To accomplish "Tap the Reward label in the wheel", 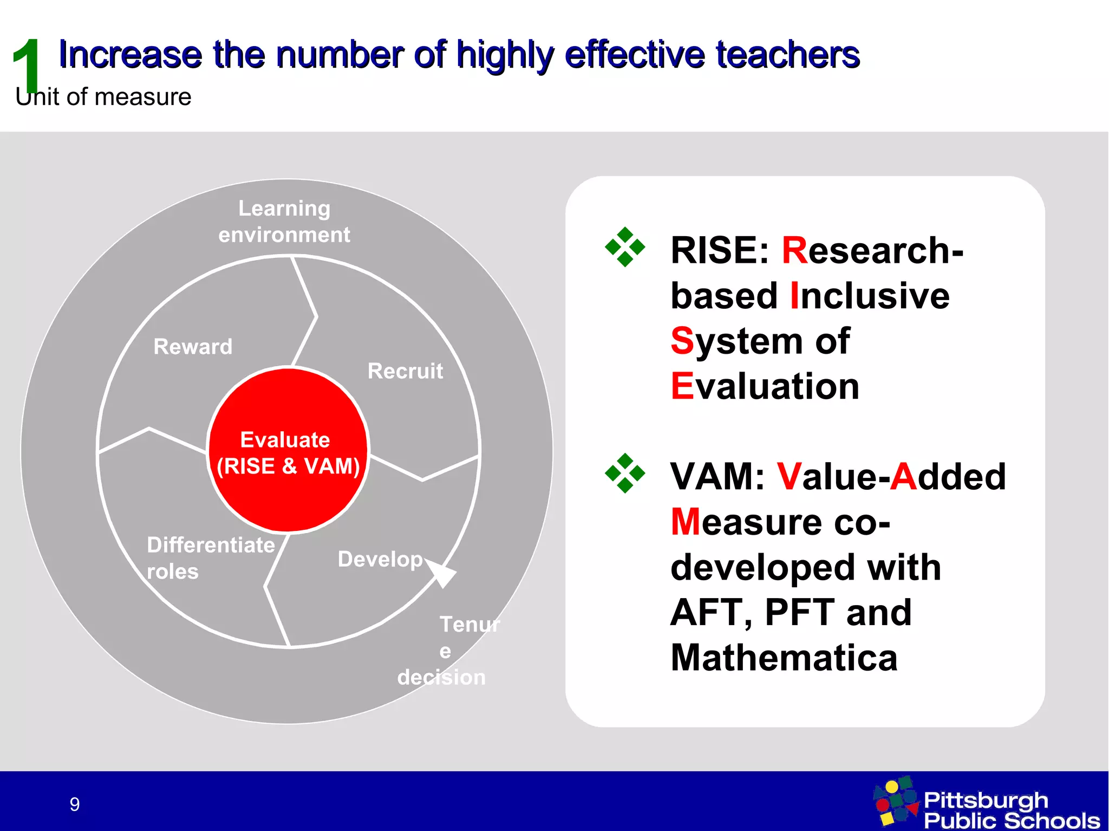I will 193,347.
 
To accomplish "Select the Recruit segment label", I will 405,371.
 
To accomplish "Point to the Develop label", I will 380,559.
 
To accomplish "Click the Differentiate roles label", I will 210,558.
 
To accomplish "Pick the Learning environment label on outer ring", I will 284,222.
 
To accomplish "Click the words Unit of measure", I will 103,97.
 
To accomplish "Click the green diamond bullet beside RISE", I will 625,247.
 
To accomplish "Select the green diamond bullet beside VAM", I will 625,473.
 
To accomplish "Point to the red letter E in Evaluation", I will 682,386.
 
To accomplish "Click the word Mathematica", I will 784,658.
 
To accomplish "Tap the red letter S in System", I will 682,341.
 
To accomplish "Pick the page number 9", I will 75,804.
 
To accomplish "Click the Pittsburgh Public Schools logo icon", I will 896,801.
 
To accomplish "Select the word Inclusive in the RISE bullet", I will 870,296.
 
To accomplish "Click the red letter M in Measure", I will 685,522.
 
